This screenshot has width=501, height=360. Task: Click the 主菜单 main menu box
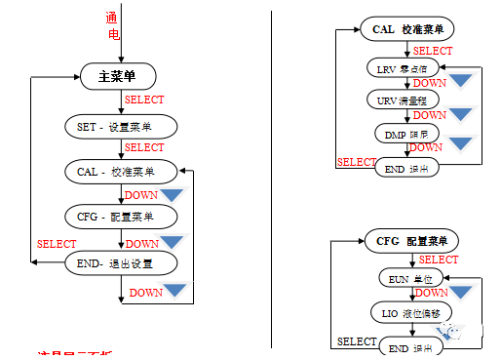pos(122,76)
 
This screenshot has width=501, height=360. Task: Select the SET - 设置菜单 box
pos(122,127)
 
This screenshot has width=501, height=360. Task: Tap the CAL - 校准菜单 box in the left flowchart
pos(122,172)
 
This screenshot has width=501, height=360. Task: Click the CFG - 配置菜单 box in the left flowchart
pos(122,216)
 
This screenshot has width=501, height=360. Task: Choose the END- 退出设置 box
pos(122,262)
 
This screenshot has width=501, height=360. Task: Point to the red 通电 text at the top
pos(112,26)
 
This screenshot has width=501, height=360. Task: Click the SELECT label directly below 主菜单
pos(144,100)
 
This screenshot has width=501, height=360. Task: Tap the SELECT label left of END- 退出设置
pos(57,244)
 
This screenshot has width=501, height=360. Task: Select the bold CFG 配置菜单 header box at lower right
pos(410,240)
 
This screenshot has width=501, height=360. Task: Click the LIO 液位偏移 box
pos(410,312)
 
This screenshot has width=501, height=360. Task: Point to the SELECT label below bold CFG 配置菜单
pos(439,260)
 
